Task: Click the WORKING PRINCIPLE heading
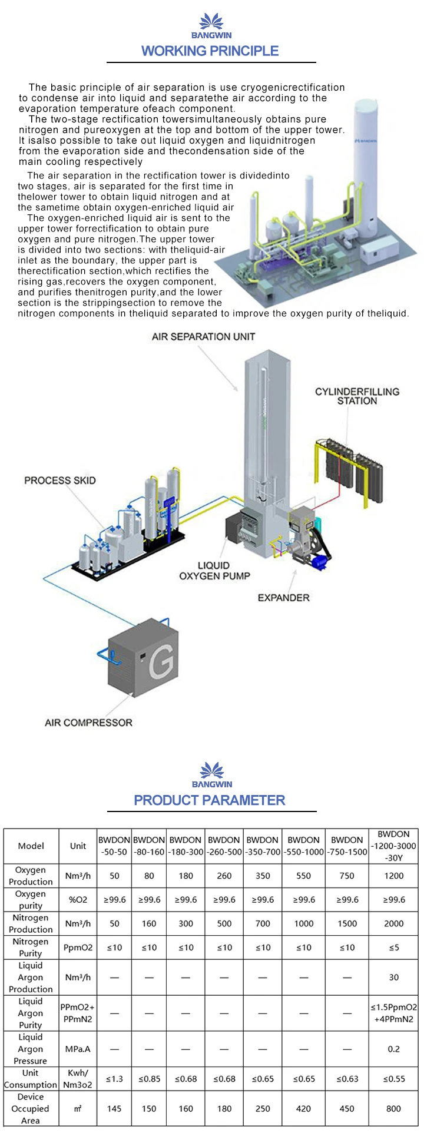click(210, 51)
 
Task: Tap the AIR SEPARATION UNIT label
click(203, 336)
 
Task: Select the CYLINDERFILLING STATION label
click(357, 396)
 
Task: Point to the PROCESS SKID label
click(59, 481)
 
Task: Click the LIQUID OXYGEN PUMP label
click(214, 571)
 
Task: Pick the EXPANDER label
click(283, 598)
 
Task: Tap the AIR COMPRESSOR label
click(88, 723)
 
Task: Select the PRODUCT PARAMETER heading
click(210, 800)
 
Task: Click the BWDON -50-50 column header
click(114, 846)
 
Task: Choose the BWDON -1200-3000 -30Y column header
click(393, 846)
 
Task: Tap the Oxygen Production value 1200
click(393, 876)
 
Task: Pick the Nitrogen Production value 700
click(263, 923)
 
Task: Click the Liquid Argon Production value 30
click(393, 977)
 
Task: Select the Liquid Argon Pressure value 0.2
click(393, 1049)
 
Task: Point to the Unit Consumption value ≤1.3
click(114, 1079)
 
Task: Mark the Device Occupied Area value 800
click(393, 1108)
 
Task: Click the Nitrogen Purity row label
click(31, 947)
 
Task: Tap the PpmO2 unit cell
click(78, 948)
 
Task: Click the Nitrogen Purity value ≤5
click(393, 948)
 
